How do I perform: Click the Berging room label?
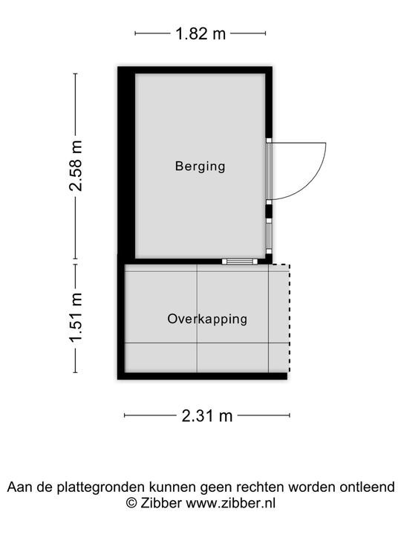tap(200, 166)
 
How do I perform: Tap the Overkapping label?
tap(207, 319)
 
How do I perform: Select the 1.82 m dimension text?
tap(200, 33)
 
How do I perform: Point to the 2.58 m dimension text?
tap(75, 166)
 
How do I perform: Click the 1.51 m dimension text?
tap(75, 318)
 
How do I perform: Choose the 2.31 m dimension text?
tap(207, 416)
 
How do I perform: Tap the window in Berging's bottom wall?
tap(240, 262)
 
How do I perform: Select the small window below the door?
tap(269, 236)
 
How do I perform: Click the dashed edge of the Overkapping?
tap(289, 318)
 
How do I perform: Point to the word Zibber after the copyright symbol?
tap(160, 503)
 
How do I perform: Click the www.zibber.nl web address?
tap(230, 503)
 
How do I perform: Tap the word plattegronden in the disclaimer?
tap(102, 487)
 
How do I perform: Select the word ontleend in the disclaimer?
tap(368, 487)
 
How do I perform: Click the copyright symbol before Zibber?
tap(131, 503)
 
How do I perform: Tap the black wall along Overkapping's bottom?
tap(202, 376)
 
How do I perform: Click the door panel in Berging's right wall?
tap(269, 171)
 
